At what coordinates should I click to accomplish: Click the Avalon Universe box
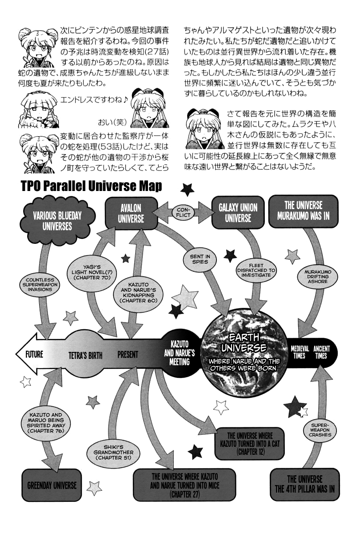click(131, 213)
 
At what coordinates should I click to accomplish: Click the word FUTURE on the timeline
click(34, 354)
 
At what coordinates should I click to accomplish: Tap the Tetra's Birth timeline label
click(85, 355)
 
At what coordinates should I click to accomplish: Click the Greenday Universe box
click(52, 485)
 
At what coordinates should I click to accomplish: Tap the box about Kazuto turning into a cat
click(250, 443)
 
